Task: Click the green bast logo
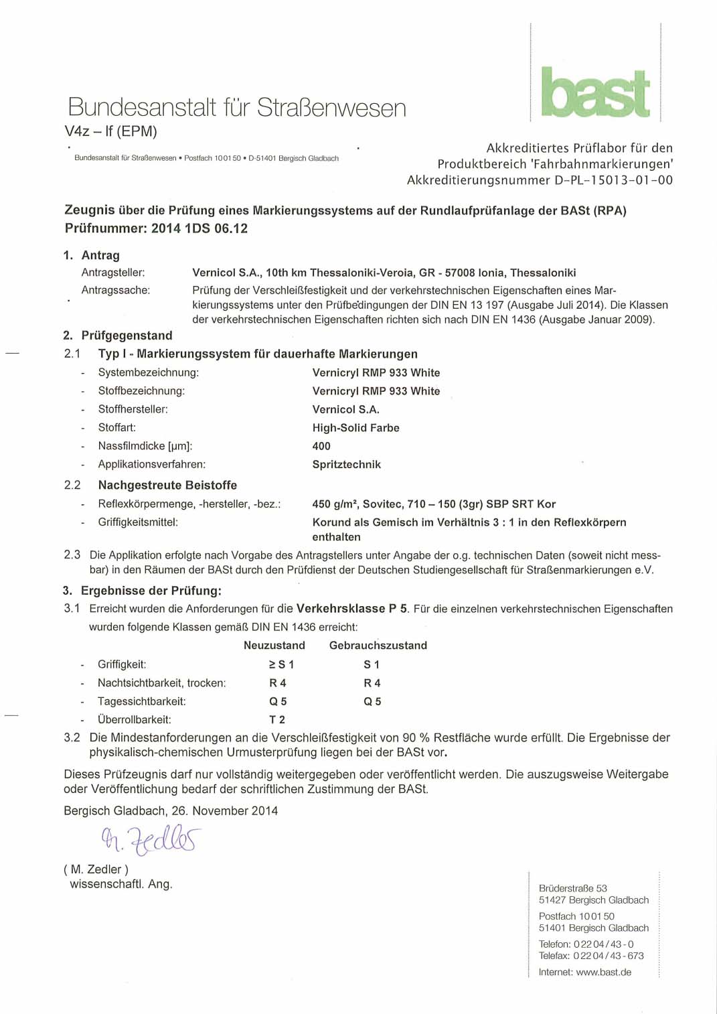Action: coord(595,92)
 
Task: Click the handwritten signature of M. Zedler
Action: coord(151,839)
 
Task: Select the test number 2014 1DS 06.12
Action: coord(200,228)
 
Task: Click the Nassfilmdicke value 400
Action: coord(321,446)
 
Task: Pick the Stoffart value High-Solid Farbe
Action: coord(355,428)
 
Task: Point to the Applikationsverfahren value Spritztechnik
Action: coord(346,465)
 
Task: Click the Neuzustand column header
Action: coord(274,646)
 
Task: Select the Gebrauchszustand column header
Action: coord(378,646)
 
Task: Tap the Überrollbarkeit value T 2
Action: coord(277,720)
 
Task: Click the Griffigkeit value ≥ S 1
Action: coord(281,664)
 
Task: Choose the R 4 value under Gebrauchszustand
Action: coord(372,683)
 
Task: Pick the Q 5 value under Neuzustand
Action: coord(278,702)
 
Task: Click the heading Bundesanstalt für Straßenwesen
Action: coord(237,108)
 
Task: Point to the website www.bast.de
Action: coord(603,972)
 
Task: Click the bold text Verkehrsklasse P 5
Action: coord(351,609)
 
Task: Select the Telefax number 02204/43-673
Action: coord(609,956)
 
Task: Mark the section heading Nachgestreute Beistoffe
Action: coord(167,485)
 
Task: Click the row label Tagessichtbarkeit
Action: coord(142,702)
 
